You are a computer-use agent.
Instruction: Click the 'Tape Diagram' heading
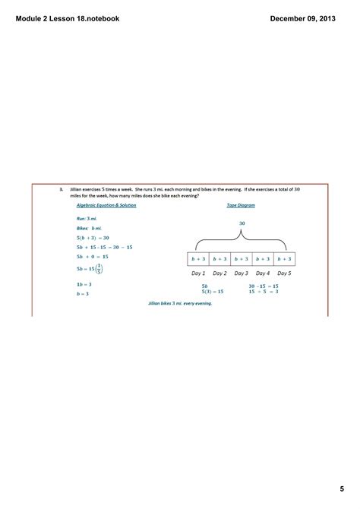241,205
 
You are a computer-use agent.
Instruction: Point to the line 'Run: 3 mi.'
88,218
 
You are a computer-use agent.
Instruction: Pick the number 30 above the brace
242,223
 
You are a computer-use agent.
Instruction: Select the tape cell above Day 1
198,258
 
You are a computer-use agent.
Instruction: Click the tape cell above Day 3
241,258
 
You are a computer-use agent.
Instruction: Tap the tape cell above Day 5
283,258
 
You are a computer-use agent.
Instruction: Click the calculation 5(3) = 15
213,292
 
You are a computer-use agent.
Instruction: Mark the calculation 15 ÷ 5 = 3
263,292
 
